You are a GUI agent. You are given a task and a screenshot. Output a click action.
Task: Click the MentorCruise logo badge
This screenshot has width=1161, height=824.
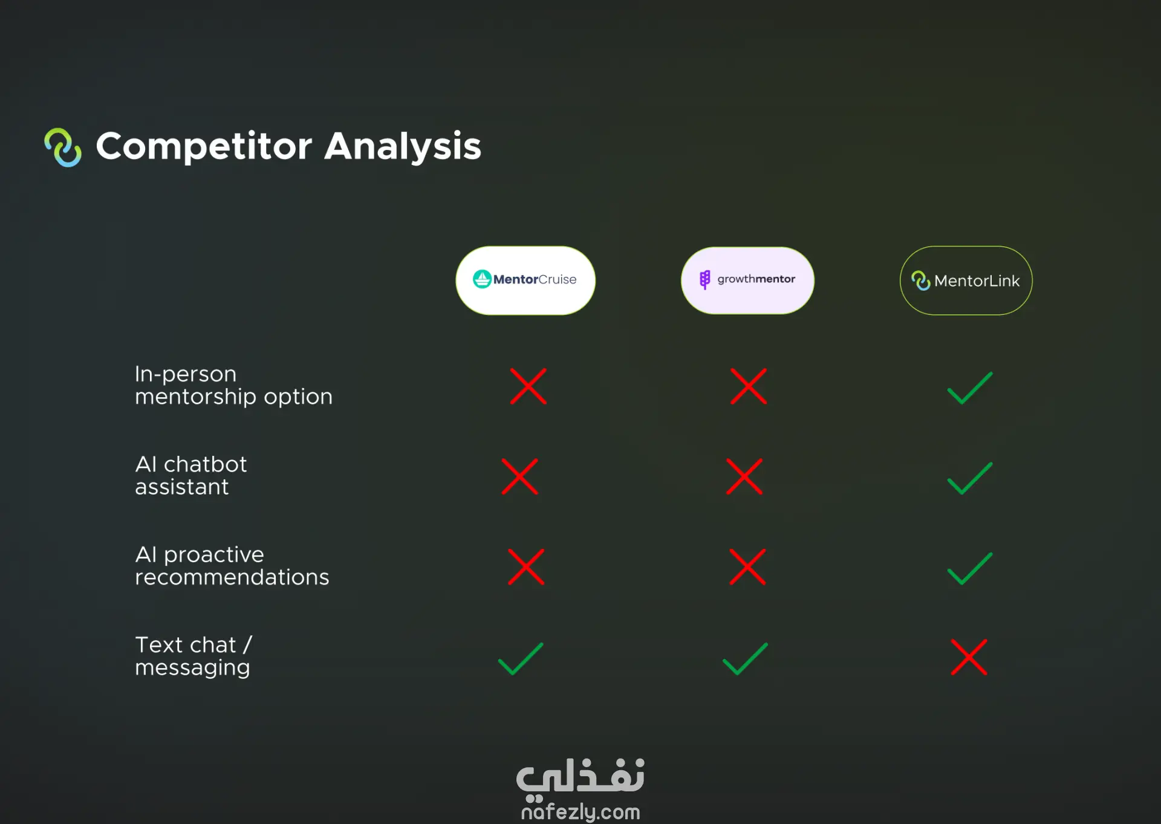[x=525, y=281]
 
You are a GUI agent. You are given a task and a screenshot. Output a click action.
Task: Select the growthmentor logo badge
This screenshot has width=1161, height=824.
[x=747, y=281]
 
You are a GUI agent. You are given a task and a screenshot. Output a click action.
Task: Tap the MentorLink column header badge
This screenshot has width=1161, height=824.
[x=966, y=281]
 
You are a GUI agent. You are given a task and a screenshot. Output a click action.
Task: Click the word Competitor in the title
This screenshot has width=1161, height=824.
[x=204, y=146]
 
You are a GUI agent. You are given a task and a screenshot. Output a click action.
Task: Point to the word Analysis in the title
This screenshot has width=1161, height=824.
[x=403, y=146]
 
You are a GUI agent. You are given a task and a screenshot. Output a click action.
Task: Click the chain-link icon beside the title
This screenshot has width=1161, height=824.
[x=63, y=147]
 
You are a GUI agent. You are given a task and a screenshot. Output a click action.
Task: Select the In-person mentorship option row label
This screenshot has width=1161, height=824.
[x=233, y=385]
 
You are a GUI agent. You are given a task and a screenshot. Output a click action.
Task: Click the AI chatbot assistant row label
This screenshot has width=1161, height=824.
[x=190, y=475]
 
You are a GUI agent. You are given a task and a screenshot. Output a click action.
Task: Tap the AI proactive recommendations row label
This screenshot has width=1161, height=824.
[x=232, y=565]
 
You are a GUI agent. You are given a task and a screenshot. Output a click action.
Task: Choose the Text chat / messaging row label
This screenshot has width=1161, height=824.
[x=193, y=656]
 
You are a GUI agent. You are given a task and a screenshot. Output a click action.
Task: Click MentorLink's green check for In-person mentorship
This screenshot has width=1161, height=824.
[x=970, y=388]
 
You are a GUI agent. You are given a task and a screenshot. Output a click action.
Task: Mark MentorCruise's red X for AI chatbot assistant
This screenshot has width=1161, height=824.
[x=519, y=476]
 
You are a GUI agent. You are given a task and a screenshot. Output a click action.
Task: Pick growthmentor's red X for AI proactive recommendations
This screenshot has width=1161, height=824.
[x=747, y=566]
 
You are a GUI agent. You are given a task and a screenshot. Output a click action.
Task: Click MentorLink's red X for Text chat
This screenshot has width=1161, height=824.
[x=969, y=657]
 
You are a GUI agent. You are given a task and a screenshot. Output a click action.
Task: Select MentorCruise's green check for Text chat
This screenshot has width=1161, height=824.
[x=521, y=659]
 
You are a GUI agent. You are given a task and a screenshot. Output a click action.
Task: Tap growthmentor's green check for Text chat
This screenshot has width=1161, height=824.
[x=745, y=659]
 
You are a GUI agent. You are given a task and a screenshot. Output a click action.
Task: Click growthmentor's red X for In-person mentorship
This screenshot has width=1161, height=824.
[x=749, y=386]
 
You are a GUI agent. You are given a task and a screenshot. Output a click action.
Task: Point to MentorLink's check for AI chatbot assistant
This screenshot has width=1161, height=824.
[x=970, y=478]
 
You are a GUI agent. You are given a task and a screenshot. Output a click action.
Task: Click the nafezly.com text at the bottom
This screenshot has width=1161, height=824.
[x=580, y=811]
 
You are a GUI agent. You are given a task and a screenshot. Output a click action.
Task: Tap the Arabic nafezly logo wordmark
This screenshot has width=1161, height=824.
[x=580, y=777]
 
